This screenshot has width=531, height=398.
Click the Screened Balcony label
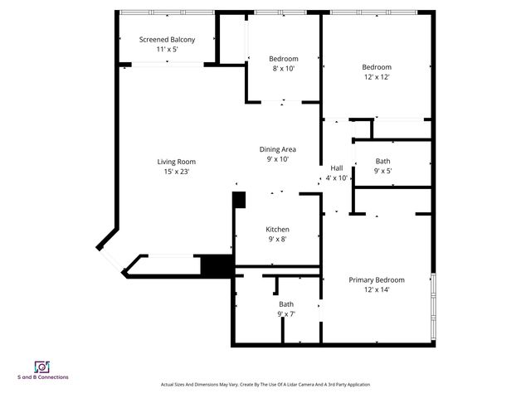tap(168, 40)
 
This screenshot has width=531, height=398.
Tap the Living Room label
tap(176, 162)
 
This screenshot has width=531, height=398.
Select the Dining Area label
tap(277, 149)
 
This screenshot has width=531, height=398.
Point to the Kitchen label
tap(277, 230)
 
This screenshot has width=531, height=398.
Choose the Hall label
tap(337, 168)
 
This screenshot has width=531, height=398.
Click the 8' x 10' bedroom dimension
tap(283, 69)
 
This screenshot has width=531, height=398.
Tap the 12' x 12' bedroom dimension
tap(376, 77)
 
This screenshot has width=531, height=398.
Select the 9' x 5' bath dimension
tap(382, 171)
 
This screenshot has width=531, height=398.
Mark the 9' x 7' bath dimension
tap(285, 313)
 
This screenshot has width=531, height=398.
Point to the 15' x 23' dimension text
tap(176, 172)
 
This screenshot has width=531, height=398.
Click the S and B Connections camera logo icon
tap(42, 366)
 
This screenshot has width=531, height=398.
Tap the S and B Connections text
tap(43, 377)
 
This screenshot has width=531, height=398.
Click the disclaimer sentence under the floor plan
tap(265, 385)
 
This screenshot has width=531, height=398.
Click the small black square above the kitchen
tap(239, 199)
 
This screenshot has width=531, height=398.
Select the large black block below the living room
tap(218, 266)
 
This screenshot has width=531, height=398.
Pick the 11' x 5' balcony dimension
tap(168, 50)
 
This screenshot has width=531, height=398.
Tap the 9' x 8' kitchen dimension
tap(277, 240)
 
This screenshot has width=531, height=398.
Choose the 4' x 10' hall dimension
tap(337, 178)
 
